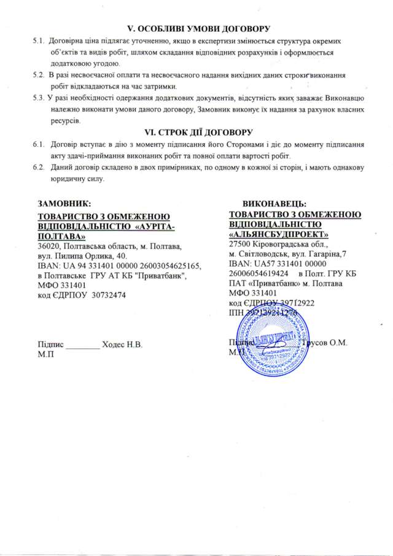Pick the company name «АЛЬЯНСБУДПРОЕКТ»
278,233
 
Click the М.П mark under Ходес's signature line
45,354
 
